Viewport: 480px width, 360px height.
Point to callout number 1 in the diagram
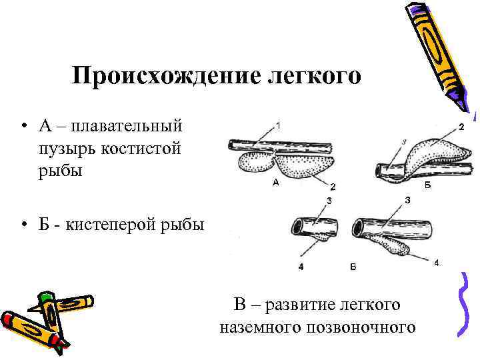(x=277, y=124)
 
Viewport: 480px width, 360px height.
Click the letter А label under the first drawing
(x=275, y=181)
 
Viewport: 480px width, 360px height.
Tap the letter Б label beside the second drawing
(x=427, y=186)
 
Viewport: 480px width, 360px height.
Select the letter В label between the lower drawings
(x=353, y=267)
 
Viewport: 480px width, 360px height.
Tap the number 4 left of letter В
(x=301, y=267)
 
